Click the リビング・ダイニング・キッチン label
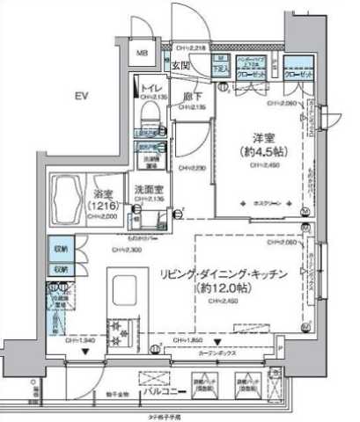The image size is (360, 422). coord(234,275)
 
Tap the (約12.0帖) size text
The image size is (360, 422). coord(234,288)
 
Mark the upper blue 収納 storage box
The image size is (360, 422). coord(62,249)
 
